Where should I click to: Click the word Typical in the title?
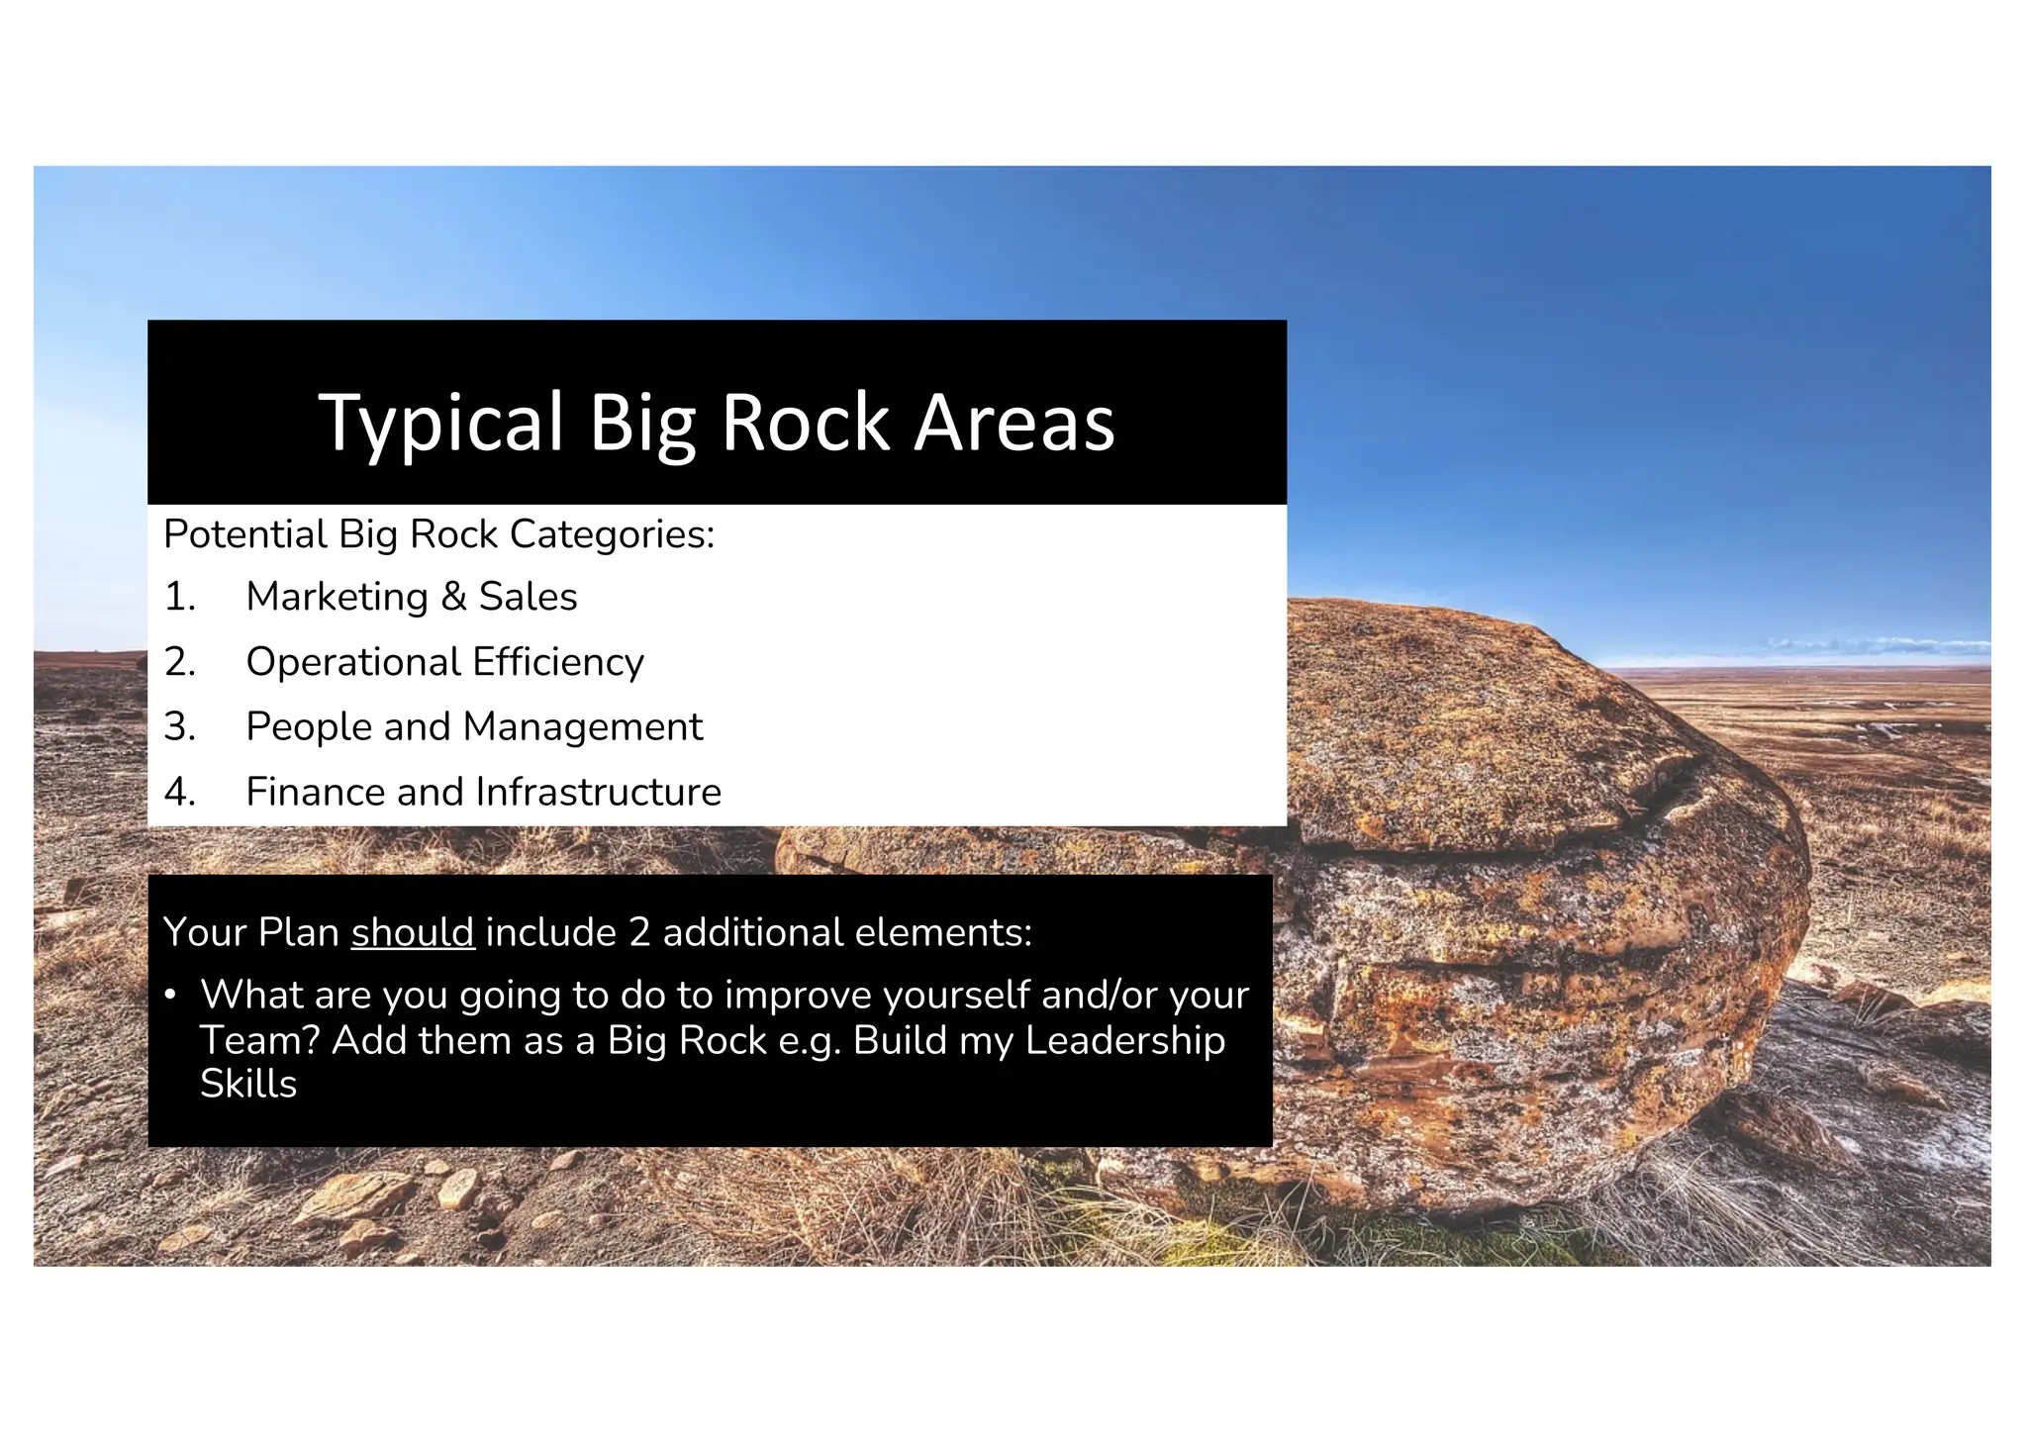[x=440, y=424]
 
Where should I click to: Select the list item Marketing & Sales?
[x=411, y=597]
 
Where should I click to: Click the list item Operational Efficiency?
[x=444, y=662]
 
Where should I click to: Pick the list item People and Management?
[x=473, y=727]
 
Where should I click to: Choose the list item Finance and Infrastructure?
[x=483, y=792]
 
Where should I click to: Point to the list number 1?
[x=179, y=597]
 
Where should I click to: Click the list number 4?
[x=179, y=792]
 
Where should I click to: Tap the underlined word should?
[x=413, y=932]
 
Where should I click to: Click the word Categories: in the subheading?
[x=612, y=534]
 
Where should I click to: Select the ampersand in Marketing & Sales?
[x=453, y=597]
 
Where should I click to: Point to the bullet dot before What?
[x=170, y=994]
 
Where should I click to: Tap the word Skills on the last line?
[x=247, y=1084]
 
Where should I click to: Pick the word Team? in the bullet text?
[x=259, y=1040]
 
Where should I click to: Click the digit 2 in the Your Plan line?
[x=638, y=932]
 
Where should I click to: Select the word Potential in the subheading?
[x=244, y=534]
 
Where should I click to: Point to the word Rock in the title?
[x=805, y=424]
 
